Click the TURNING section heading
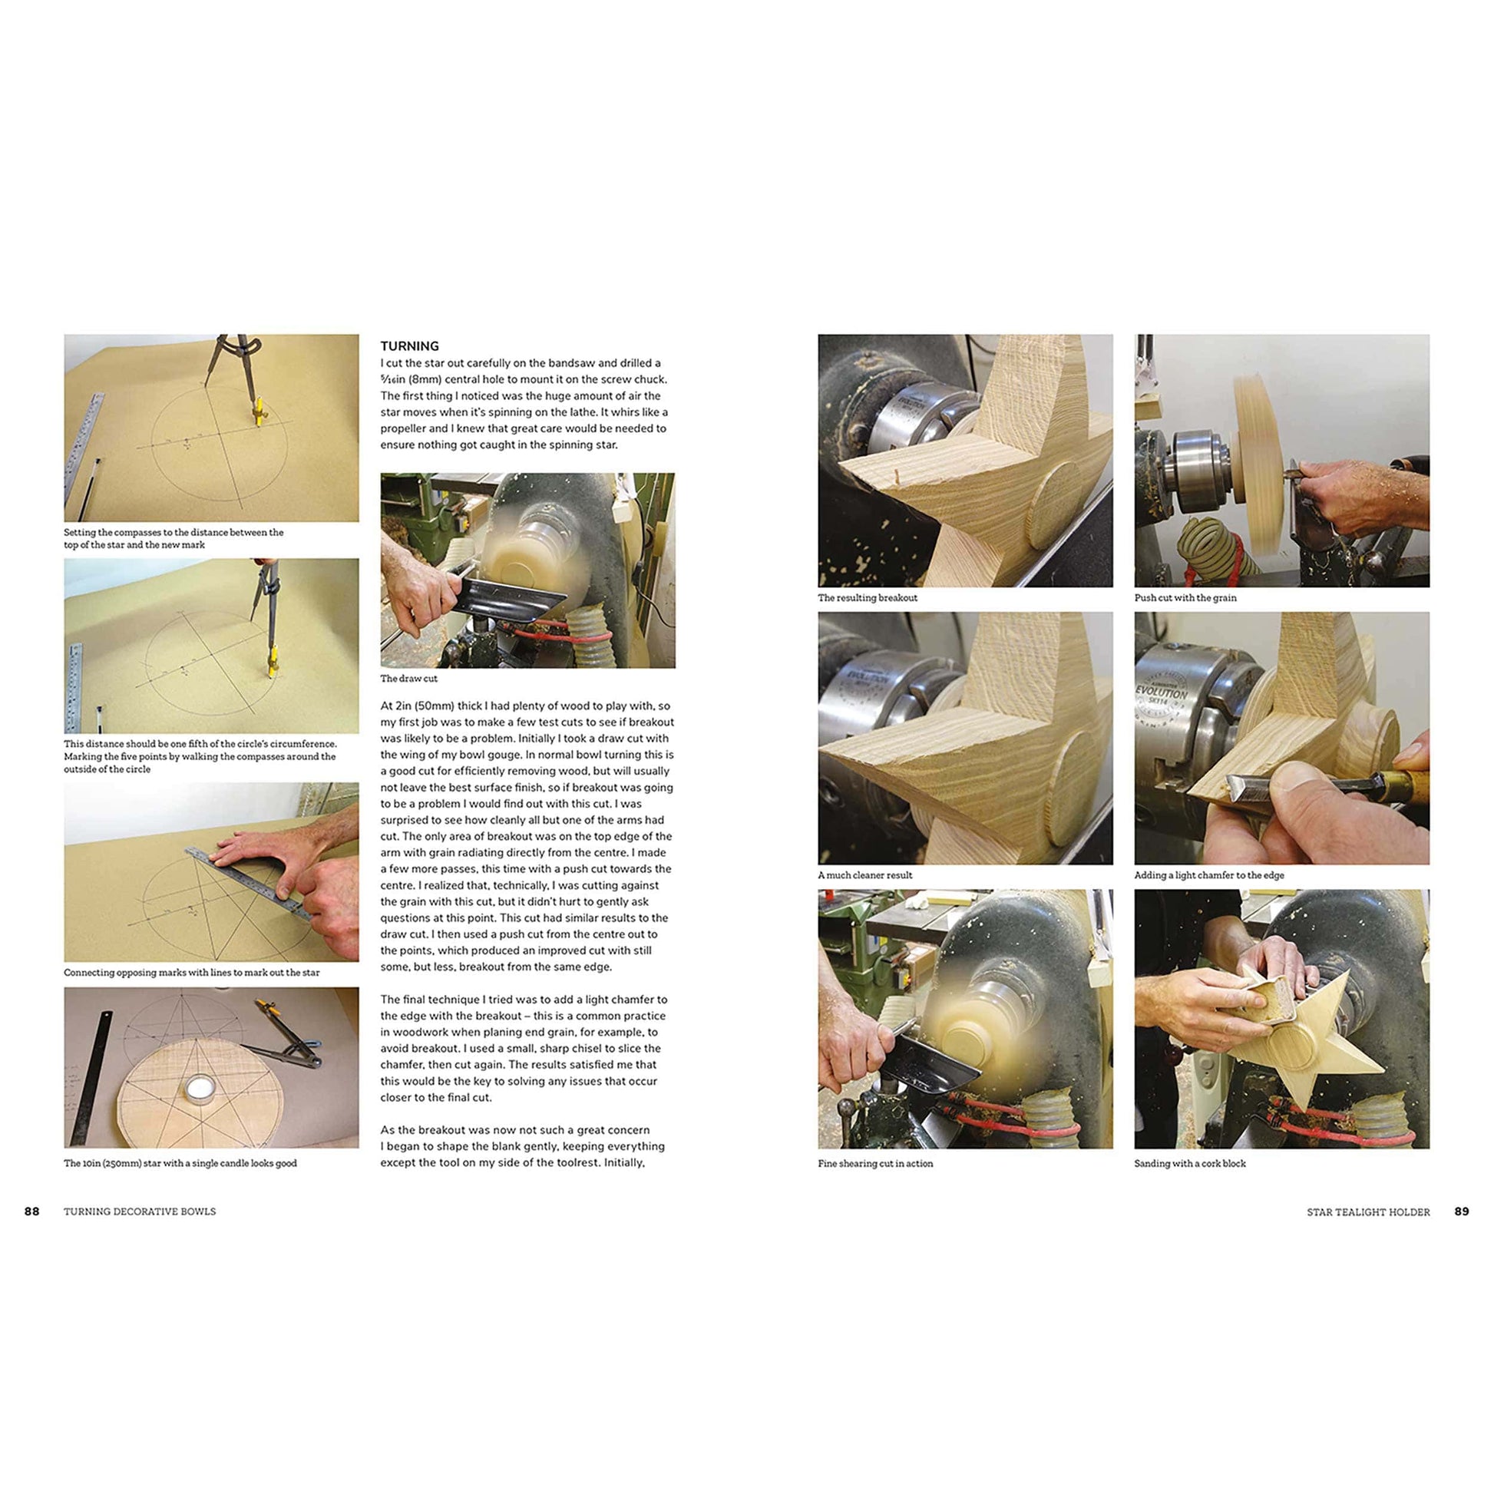pyautogui.click(x=409, y=345)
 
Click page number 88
pyautogui.click(x=31, y=1211)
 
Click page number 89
pyautogui.click(x=1461, y=1211)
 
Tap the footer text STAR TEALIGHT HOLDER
pyautogui.click(x=1368, y=1211)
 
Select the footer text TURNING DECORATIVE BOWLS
pyautogui.click(x=140, y=1211)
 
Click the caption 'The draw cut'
pyautogui.click(x=408, y=678)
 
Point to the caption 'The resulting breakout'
pyautogui.click(x=867, y=597)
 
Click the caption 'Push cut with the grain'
pyautogui.click(x=1185, y=597)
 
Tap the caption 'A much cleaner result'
pyautogui.click(x=864, y=874)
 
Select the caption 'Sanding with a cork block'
pyautogui.click(x=1189, y=1163)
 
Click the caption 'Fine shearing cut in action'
pyautogui.click(x=874, y=1163)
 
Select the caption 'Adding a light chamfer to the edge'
pyautogui.click(x=1208, y=874)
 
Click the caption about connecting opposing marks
pyautogui.click(x=191, y=972)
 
